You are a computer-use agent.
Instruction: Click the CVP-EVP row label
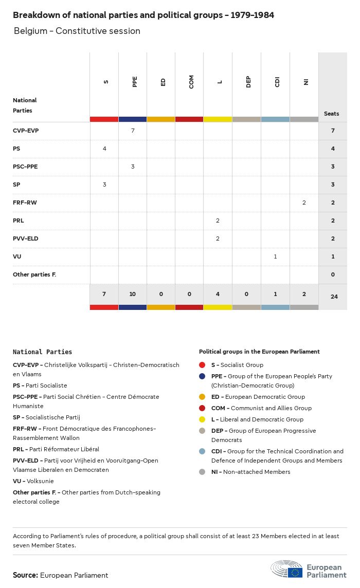pyautogui.click(x=26, y=131)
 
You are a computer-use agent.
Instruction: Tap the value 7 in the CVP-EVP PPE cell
pyautogui.click(x=133, y=131)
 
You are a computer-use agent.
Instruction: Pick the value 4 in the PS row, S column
pyautogui.click(x=104, y=149)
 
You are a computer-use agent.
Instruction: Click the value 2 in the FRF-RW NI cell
pyautogui.click(x=304, y=203)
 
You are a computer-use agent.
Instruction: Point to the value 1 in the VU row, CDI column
pyautogui.click(x=275, y=256)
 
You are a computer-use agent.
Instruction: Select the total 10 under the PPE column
pyautogui.click(x=133, y=294)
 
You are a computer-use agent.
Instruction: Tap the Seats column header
pyautogui.click(x=332, y=114)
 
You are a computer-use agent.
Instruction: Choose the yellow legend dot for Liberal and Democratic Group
pyautogui.click(x=202, y=419)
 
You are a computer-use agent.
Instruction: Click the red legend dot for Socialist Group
pyautogui.click(x=202, y=365)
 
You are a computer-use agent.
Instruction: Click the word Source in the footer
pyautogui.click(x=25, y=575)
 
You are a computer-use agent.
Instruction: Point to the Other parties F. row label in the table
pyautogui.click(x=34, y=274)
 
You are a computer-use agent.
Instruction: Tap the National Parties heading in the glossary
pyautogui.click(x=43, y=352)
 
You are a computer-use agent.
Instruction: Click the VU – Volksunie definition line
pyautogui.click(x=33, y=481)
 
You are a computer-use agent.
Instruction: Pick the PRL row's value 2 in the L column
pyautogui.click(x=218, y=220)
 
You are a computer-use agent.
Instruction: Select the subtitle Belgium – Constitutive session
pyautogui.click(x=77, y=31)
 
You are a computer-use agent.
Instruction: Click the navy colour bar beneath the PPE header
pyautogui.click(x=133, y=119)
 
